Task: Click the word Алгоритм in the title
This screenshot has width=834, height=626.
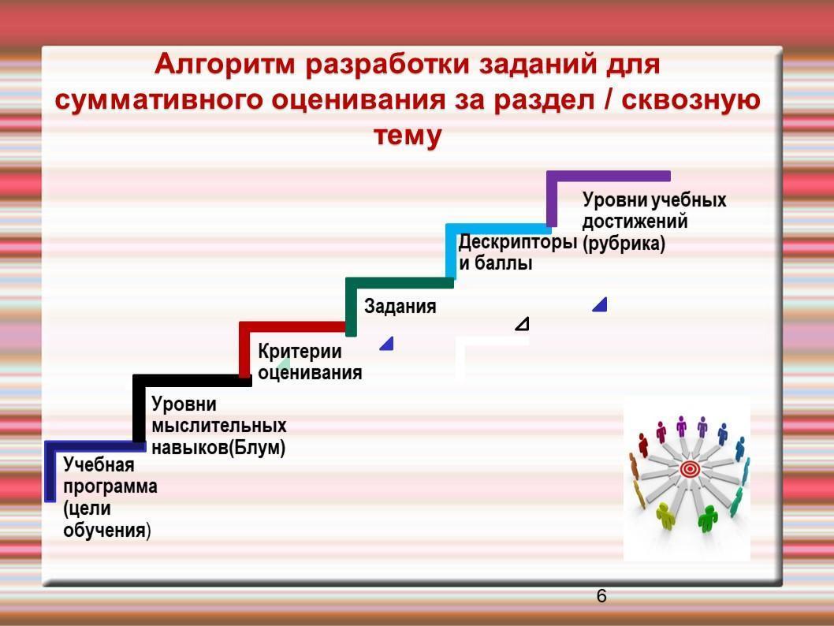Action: click(225, 65)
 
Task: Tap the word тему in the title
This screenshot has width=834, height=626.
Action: click(408, 135)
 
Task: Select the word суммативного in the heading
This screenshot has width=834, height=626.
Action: click(159, 100)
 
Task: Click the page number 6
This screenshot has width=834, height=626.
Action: click(601, 596)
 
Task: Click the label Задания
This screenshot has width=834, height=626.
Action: click(400, 307)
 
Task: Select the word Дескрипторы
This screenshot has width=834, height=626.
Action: click(518, 243)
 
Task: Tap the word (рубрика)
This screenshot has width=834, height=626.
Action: click(624, 244)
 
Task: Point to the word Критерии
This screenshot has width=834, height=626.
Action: click(300, 352)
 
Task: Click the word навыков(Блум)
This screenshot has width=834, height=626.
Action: click(218, 448)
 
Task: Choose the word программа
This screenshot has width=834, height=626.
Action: click(110, 487)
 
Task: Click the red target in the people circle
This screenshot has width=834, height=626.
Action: click(690, 469)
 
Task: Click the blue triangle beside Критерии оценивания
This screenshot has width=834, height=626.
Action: click(388, 344)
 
